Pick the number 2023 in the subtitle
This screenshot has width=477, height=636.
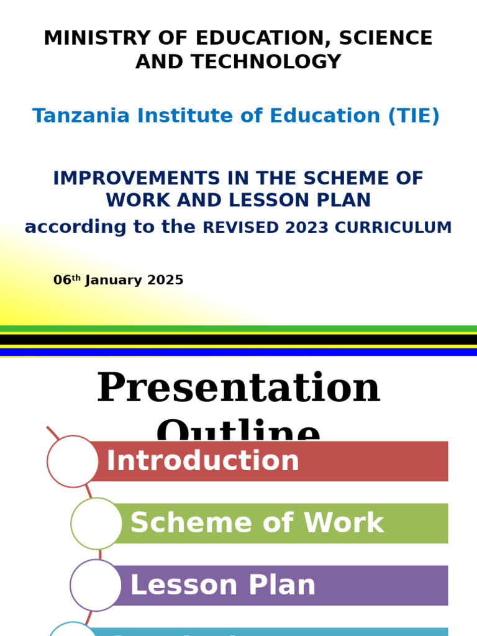307,228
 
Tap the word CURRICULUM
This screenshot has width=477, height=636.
393,228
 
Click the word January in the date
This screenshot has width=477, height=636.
114,280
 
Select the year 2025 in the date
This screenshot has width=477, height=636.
165,280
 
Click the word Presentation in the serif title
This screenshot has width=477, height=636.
238,388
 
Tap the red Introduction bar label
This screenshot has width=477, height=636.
203,461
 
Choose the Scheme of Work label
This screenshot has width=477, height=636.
257,524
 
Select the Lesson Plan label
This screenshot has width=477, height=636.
223,586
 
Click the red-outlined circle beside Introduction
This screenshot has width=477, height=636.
73,461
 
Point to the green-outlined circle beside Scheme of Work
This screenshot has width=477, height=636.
96,524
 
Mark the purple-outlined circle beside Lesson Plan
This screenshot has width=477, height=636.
96,586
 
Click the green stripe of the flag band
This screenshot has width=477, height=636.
238,329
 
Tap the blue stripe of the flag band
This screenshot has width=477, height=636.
238,352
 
